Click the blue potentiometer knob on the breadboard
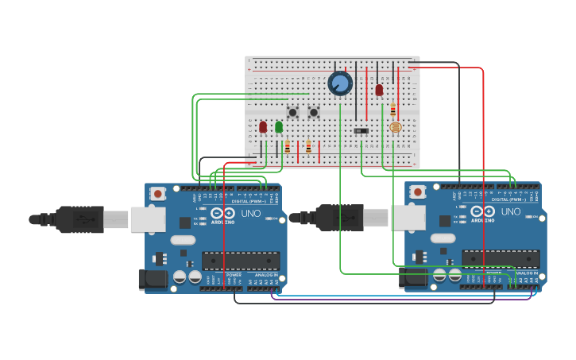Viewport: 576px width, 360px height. (x=340, y=83)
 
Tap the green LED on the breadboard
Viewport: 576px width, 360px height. (x=279, y=127)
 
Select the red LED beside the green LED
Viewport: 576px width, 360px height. (x=263, y=127)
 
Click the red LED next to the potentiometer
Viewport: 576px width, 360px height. (x=379, y=91)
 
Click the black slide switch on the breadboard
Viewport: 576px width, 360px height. (x=361, y=130)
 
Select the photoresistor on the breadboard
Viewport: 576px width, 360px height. (x=394, y=127)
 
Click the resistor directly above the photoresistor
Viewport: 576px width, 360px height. (x=392, y=110)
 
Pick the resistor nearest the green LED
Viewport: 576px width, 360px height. (x=288, y=146)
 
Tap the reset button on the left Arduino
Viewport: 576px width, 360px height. (x=158, y=193)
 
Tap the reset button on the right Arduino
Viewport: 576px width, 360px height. (x=418, y=192)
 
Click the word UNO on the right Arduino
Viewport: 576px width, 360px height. (x=511, y=211)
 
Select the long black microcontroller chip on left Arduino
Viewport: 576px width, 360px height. (x=240, y=261)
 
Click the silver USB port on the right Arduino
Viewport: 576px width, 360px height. (x=406, y=217)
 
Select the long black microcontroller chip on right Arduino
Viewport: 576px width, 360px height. (x=501, y=259)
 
